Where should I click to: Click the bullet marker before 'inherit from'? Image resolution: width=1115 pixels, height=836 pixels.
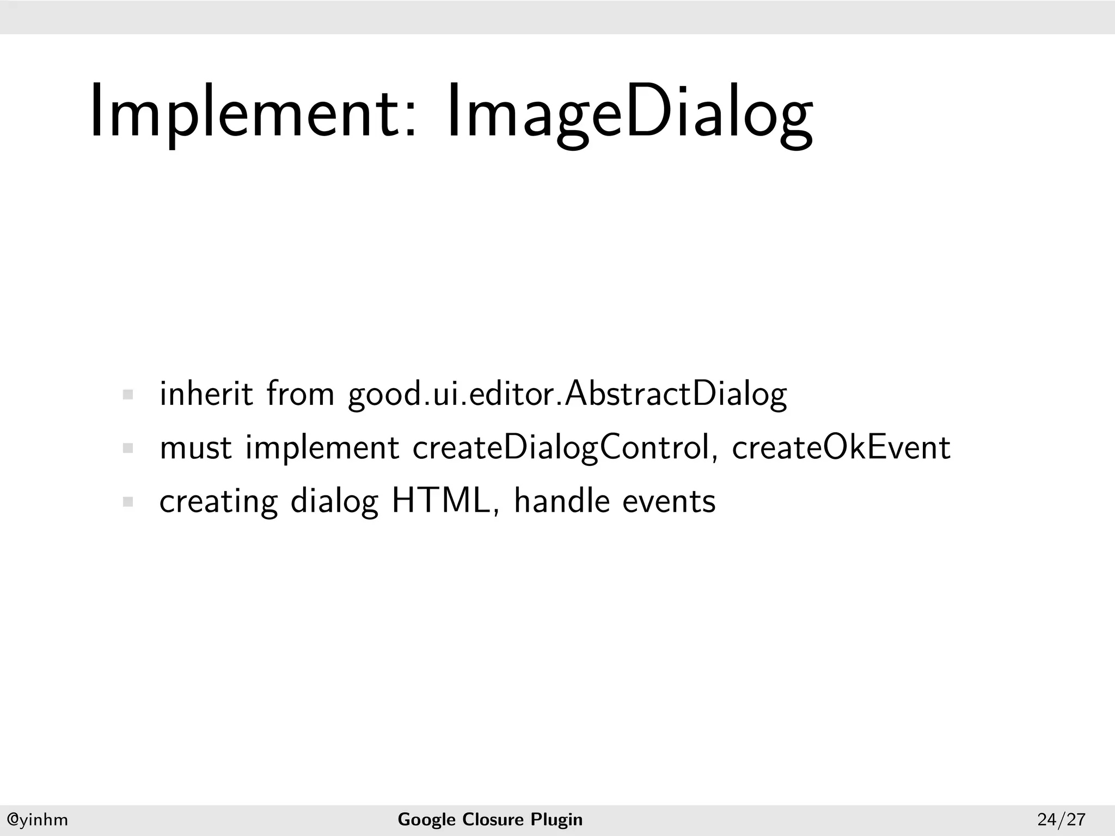pos(128,395)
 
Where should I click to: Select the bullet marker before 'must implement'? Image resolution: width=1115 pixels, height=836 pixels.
pos(128,448)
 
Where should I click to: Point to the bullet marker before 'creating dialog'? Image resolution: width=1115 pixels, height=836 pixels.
pos(128,502)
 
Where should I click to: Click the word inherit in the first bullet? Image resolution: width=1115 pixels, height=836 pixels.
pos(206,394)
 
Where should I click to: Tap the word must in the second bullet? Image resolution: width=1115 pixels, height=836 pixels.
pos(195,448)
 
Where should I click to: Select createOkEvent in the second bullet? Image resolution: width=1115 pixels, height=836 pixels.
pos(841,447)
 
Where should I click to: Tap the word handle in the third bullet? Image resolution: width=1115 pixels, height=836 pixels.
pos(561,501)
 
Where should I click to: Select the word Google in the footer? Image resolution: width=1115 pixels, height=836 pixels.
pos(427,820)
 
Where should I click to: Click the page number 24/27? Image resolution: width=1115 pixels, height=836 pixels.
pos(1062,820)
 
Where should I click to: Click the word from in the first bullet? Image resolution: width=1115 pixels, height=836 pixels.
pos(300,394)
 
